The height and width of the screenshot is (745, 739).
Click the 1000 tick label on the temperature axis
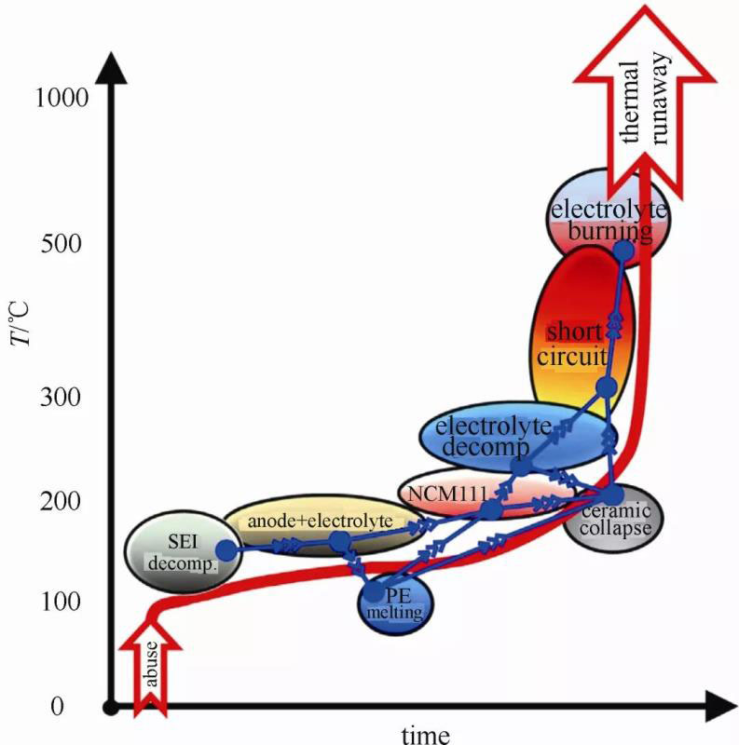(x=61, y=97)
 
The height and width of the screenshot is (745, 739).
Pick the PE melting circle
(x=393, y=605)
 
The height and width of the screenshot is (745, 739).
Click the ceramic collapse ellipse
(x=616, y=521)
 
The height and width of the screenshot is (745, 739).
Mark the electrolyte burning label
(x=608, y=219)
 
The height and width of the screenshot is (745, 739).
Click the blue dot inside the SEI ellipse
(x=226, y=549)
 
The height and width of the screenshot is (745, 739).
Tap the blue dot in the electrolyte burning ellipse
(x=623, y=250)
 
